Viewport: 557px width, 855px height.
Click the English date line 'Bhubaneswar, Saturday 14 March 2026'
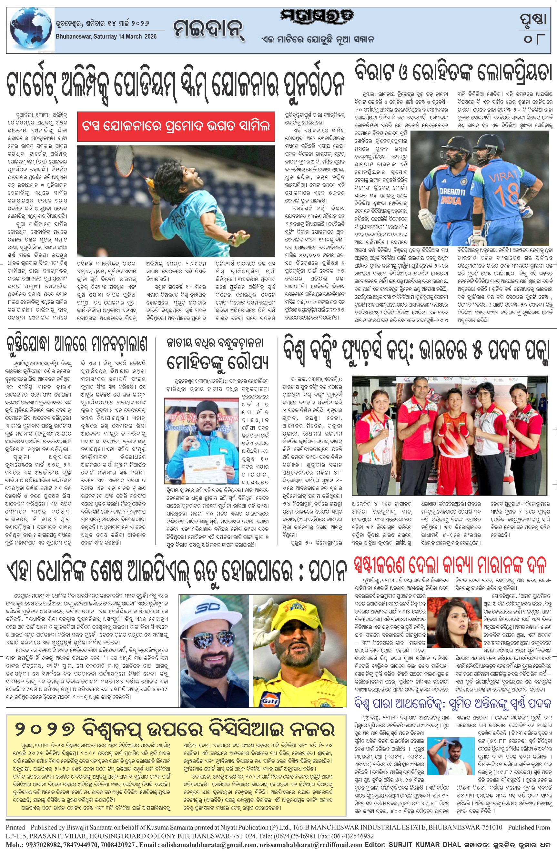(x=106, y=37)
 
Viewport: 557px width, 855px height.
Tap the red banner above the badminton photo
(x=176, y=126)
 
